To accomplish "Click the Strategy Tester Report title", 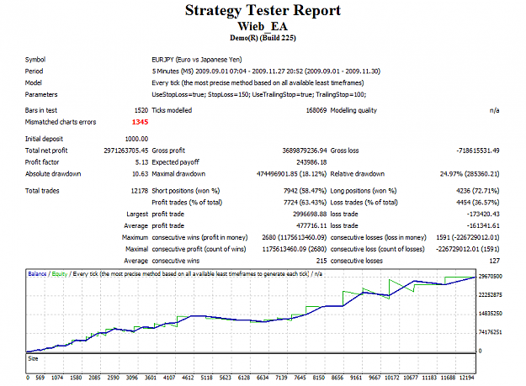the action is coord(263,10).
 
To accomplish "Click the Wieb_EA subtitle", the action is coord(263,26).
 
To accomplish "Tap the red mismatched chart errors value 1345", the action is coord(140,122).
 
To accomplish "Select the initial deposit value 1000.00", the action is coord(136,139).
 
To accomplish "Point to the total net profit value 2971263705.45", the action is coord(125,151).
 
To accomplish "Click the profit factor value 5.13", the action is coord(141,162).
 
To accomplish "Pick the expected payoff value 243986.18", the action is coord(311,162).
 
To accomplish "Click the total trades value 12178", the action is coord(140,191).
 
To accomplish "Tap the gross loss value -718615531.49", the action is coord(478,151).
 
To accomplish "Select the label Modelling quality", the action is coord(353,110).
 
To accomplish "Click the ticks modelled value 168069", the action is coord(316,110).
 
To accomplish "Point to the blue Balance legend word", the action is coord(37,274).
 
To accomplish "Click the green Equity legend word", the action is coord(60,274).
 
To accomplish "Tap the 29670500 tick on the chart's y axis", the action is coord(491,277).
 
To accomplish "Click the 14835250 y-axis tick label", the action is coord(491,314).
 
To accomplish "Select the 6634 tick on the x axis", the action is coord(263,378).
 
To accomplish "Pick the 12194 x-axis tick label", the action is coord(467,378).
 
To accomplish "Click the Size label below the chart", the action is coord(33,358).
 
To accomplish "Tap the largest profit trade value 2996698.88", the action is coord(310,214).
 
